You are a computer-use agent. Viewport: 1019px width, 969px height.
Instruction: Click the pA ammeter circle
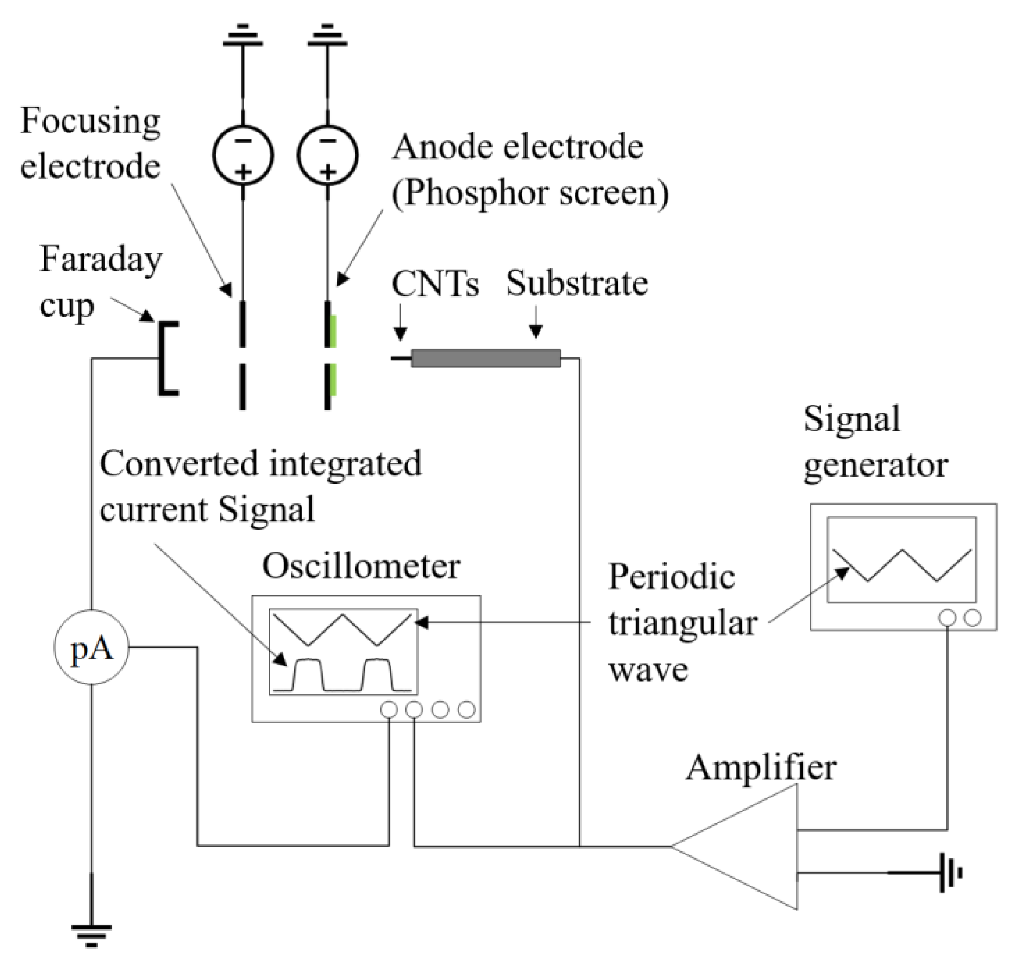pyautogui.click(x=91, y=647)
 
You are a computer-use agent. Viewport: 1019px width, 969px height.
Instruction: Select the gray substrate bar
pyautogui.click(x=485, y=358)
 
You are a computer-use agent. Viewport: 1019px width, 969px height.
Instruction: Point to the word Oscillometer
pyautogui.click(x=361, y=567)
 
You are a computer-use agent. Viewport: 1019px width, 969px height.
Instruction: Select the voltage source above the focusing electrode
pyautogui.click(x=243, y=155)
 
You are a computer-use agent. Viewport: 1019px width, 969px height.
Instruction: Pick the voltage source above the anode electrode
pyautogui.click(x=327, y=155)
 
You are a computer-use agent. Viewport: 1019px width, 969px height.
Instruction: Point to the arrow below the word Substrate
pyautogui.click(x=536, y=323)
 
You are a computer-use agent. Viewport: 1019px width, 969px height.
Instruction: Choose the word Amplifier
pyautogui.click(x=761, y=767)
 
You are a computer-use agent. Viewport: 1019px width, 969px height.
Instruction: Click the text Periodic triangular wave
pyautogui.click(x=681, y=622)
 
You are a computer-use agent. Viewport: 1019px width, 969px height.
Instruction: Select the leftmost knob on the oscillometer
pyautogui.click(x=389, y=709)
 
